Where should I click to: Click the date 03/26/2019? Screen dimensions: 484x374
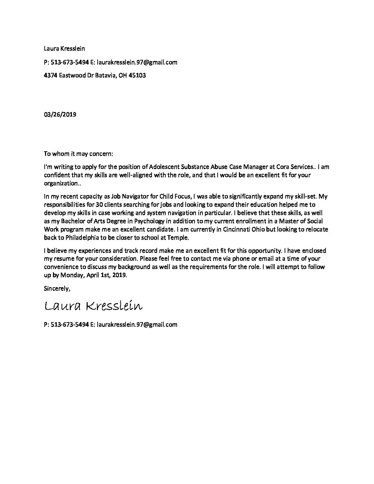coord(60,114)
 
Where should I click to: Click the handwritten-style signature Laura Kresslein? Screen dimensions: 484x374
coord(93,306)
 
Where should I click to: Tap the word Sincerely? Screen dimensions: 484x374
coord(57,279)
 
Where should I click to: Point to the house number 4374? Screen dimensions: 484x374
coord(51,75)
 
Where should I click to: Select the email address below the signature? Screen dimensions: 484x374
coord(137,324)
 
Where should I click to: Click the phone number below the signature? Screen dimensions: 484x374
coord(69,324)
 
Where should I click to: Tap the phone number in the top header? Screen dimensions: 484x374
coord(69,62)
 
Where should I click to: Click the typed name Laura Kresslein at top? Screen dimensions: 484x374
coord(64,49)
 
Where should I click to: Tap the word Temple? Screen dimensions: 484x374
coord(179,238)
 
